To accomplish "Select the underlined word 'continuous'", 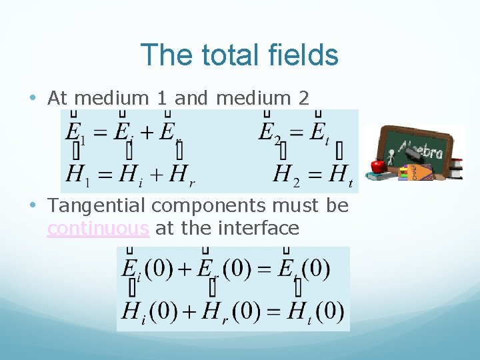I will [98, 229].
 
